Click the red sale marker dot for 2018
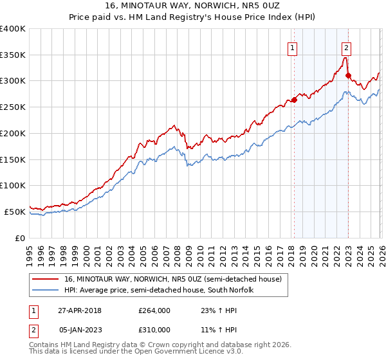294,100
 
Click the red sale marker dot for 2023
348,75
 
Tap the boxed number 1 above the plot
293,47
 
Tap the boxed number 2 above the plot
347,47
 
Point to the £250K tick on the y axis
13,107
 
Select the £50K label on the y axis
14,212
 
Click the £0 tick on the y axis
21,238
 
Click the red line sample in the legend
46,280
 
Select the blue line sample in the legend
46,291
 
